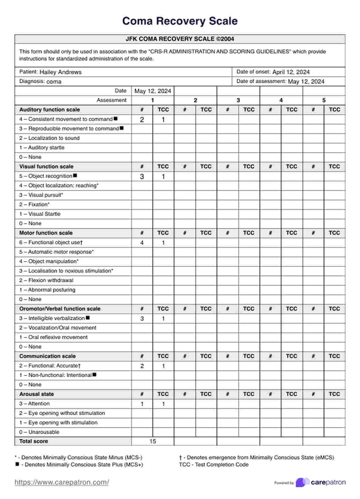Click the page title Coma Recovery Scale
pyautogui.click(x=180, y=21)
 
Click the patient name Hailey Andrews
pyautogui.click(x=60, y=72)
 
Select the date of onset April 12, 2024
pyautogui.click(x=291, y=72)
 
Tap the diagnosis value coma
pyautogui.click(x=54, y=82)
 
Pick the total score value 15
pyautogui.click(x=153, y=441)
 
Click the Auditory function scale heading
pyautogui.click(x=50, y=110)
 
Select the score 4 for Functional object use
pyautogui.click(x=142, y=243)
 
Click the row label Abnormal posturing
pyautogui.click(x=52, y=290)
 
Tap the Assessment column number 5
pyautogui.click(x=324, y=100)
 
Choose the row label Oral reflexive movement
pyautogui.click(x=58, y=337)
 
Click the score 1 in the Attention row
pyautogui.click(x=142, y=404)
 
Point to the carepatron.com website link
pyautogui.click(x=62, y=482)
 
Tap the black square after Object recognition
pyautogui.click(x=75, y=176)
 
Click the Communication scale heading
pyautogui.click(x=47, y=356)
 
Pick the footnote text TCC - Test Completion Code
pyautogui.click(x=214, y=465)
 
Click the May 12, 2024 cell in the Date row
pyautogui.click(x=153, y=91)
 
